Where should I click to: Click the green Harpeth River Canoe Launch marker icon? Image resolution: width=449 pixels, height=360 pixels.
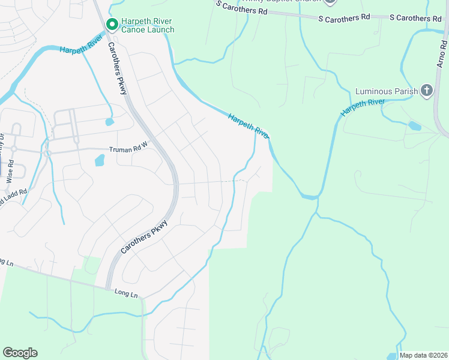tap(112, 24)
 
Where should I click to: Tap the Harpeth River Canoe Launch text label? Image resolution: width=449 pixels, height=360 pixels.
tap(148, 25)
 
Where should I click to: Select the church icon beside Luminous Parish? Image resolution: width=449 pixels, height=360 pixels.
tap(426, 91)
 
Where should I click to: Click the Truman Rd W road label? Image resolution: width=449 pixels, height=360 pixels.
tap(128, 149)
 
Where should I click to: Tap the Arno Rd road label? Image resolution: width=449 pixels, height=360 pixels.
tap(443, 54)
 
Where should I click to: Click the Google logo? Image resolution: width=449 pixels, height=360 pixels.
tap(20, 353)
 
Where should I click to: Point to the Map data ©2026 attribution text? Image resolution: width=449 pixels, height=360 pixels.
tap(424, 355)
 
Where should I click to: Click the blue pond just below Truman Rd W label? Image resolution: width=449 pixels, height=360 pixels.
tap(99, 160)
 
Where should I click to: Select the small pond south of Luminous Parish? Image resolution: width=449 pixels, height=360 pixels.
tap(414, 126)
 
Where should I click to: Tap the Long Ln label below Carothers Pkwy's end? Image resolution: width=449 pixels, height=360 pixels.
tap(126, 294)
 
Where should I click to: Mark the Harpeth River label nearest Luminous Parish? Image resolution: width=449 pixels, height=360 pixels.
tap(363, 107)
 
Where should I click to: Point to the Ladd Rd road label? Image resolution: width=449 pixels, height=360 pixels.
tap(13, 197)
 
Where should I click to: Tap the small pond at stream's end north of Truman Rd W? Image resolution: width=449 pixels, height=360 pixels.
tap(109, 122)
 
